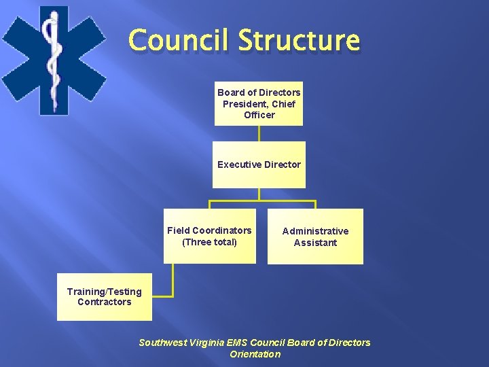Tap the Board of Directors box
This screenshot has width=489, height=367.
[259, 103]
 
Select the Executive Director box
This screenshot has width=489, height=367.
[259, 164]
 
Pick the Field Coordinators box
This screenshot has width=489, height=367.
[209, 236]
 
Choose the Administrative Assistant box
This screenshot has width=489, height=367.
[315, 237]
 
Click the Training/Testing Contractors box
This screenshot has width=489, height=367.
[105, 297]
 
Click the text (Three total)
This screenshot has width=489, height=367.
[209, 242]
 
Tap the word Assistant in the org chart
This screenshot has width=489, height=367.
[315, 243]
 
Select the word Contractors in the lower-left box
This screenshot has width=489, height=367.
[105, 302]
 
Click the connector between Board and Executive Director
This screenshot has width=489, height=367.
[259, 133]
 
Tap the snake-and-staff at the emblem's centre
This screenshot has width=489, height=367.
[50, 58]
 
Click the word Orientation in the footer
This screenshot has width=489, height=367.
[255, 354]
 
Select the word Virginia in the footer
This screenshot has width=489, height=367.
[208, 343]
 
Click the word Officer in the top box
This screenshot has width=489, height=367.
[259, 116]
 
